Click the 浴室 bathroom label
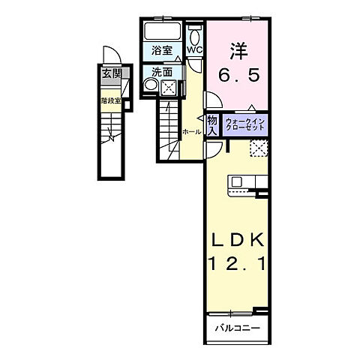pyautogui.click(x=161, y=52)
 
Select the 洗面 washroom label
pyautogui.click(x=161, y=72)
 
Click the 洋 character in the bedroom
pyautogui.click(x=238, y=51)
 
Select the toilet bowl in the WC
pyautogui.click(x=195, y=35)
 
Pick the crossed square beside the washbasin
pyautogui.click(x=169, y=88)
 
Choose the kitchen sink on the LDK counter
pyautogui.click(x=236, y=182)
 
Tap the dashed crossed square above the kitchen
pyautogui.click(x=258, y=148)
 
